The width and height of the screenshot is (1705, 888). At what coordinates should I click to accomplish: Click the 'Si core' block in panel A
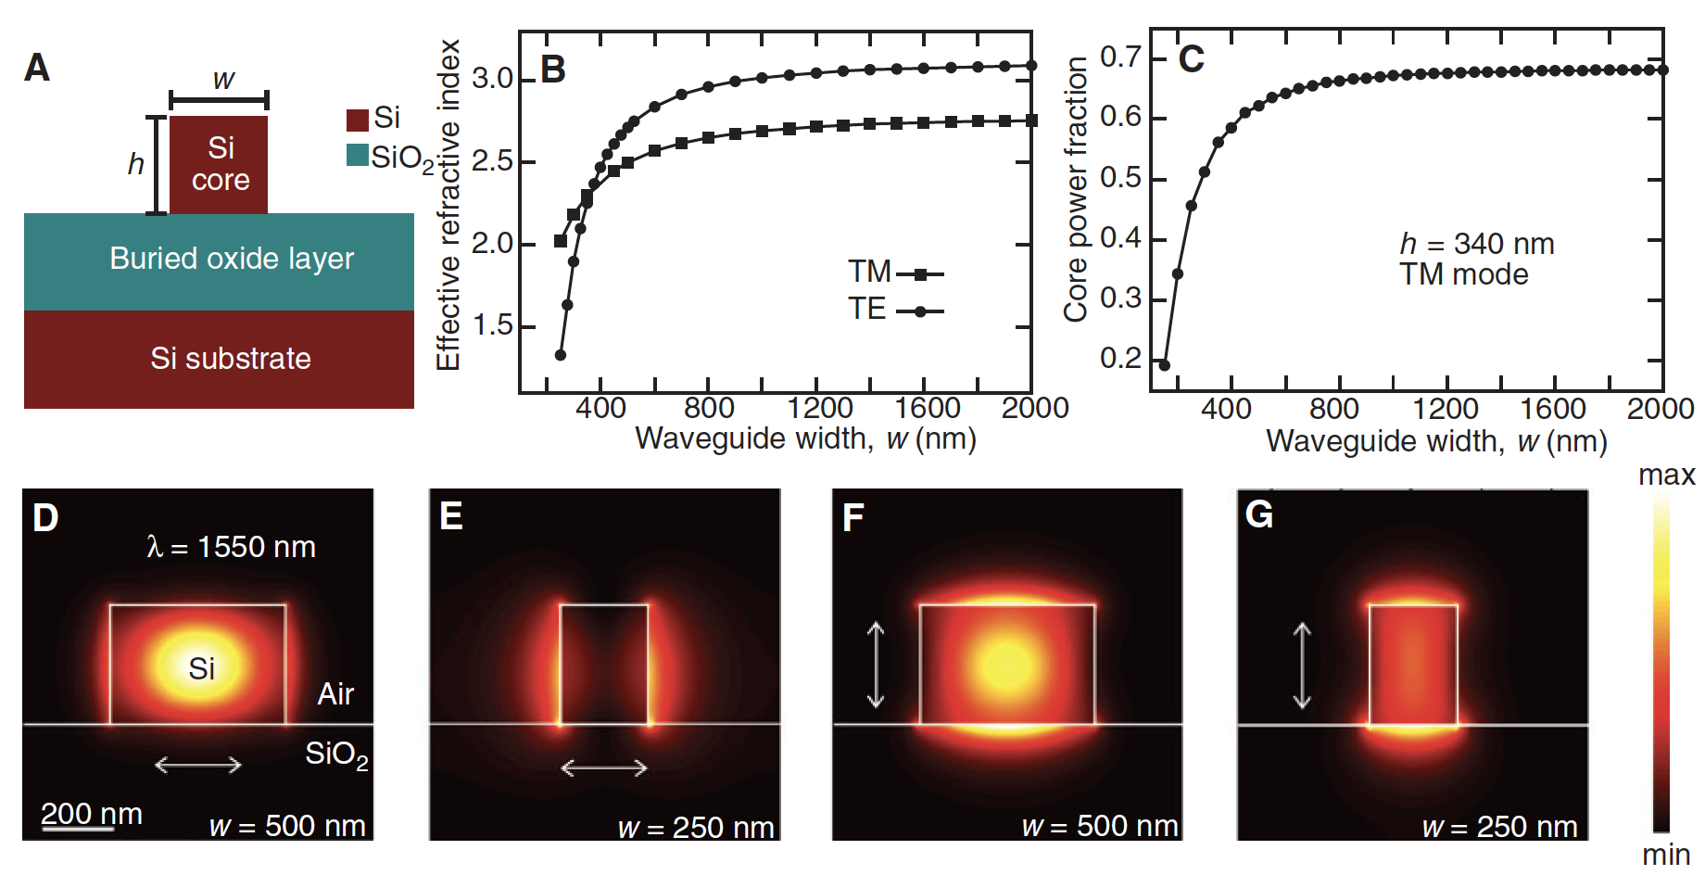point(220,164)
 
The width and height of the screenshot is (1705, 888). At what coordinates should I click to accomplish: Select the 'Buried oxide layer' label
point(232,259)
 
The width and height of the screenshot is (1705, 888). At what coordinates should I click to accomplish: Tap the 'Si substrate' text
point(231,359)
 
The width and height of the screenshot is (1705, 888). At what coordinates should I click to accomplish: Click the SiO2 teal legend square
point(357,155)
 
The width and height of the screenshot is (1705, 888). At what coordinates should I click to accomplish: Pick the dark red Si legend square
point(357,120)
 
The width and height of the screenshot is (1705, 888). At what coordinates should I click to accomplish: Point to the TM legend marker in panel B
point(920,274)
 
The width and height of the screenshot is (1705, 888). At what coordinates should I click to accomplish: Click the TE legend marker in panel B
point(920,311)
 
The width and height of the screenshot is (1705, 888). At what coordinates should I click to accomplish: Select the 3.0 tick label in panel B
point(492,79)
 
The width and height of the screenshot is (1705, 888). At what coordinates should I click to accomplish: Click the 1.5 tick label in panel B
point(492,325)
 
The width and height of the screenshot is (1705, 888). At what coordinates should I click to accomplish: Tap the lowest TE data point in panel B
point(560,355)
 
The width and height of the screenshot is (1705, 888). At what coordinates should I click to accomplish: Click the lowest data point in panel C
point(1165,365)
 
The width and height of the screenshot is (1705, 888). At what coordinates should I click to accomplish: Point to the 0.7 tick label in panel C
point(1120,57)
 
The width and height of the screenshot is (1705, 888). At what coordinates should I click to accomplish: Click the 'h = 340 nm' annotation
point(1476,244)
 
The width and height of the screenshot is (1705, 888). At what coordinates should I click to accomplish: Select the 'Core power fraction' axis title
point(1076,189)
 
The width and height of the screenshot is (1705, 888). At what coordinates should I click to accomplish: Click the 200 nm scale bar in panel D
point(78,828)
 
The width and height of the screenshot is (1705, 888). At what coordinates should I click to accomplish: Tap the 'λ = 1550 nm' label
point(231,547)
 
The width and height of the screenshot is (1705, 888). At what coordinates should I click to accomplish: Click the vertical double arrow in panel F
point(876,665)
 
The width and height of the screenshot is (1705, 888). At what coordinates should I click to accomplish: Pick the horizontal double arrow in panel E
point(604,767)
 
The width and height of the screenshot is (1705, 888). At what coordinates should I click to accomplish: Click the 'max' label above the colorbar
point(1666,476)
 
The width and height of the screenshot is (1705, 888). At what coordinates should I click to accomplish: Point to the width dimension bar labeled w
point(220,100)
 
